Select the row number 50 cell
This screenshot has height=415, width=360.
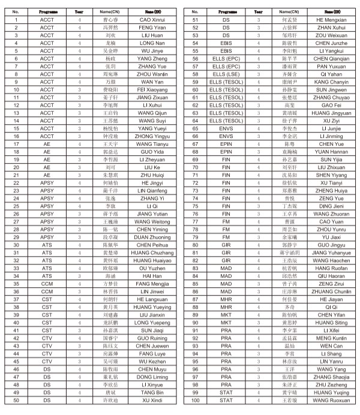click(x=16, y=400)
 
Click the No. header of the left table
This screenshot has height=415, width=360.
click(x=16, y=11)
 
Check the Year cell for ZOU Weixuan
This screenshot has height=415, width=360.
click(x=258, y=35)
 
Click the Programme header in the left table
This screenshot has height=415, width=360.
click(x=47, y=11)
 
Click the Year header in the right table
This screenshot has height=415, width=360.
click(x=258, y=11)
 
